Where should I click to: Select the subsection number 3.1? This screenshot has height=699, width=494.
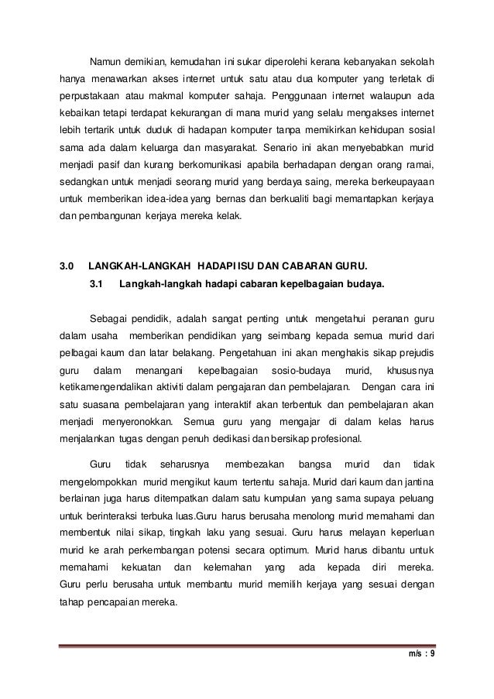[x=97, y=286]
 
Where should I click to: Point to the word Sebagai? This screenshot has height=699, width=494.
[x=111, y=318]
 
